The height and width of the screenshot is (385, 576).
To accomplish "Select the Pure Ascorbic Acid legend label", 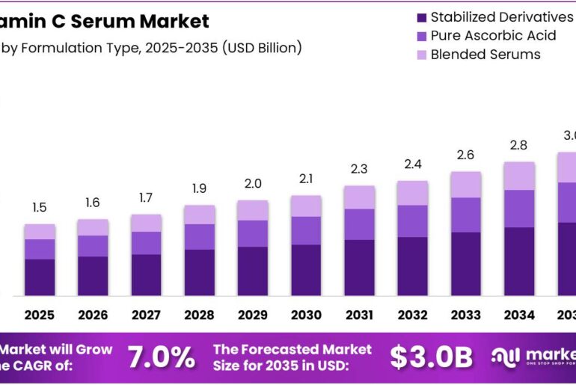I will coord(493,36).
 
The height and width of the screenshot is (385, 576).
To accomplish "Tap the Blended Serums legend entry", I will coord(485,55).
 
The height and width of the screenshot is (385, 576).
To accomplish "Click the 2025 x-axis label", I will coord(39,315).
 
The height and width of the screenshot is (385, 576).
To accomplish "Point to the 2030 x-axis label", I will coord(306,315).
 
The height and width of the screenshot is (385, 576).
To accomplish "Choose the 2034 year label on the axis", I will coord(519,315).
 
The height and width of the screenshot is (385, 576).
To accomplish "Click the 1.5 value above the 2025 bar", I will coord(39,208).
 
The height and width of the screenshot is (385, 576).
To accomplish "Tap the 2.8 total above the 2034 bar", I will coord(519,145).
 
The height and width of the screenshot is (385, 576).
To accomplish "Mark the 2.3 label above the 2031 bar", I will coord(360,169).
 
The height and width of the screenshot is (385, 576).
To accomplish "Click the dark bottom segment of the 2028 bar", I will coord(200,272).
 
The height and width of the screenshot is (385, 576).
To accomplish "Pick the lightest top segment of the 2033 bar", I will coord(466,184).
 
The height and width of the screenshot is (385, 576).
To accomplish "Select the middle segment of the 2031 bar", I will coord(360,224).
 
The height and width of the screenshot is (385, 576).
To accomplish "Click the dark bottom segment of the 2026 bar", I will coord(93,276).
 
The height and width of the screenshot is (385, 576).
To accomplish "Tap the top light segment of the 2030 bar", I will coord(306,206).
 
